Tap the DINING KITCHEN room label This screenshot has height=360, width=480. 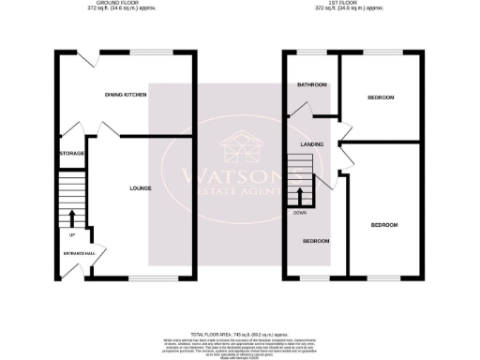pos(126,95)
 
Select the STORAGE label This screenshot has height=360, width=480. pos(71,153)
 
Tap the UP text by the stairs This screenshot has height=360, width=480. pos(72,233)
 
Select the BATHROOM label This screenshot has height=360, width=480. pos(312,85)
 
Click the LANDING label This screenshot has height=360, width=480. pos(312,143)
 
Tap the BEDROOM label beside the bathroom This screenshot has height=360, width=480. pos(381,97)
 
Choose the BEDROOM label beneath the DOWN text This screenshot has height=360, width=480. pos(316,242)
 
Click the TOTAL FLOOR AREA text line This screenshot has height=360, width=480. pos(238,334)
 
